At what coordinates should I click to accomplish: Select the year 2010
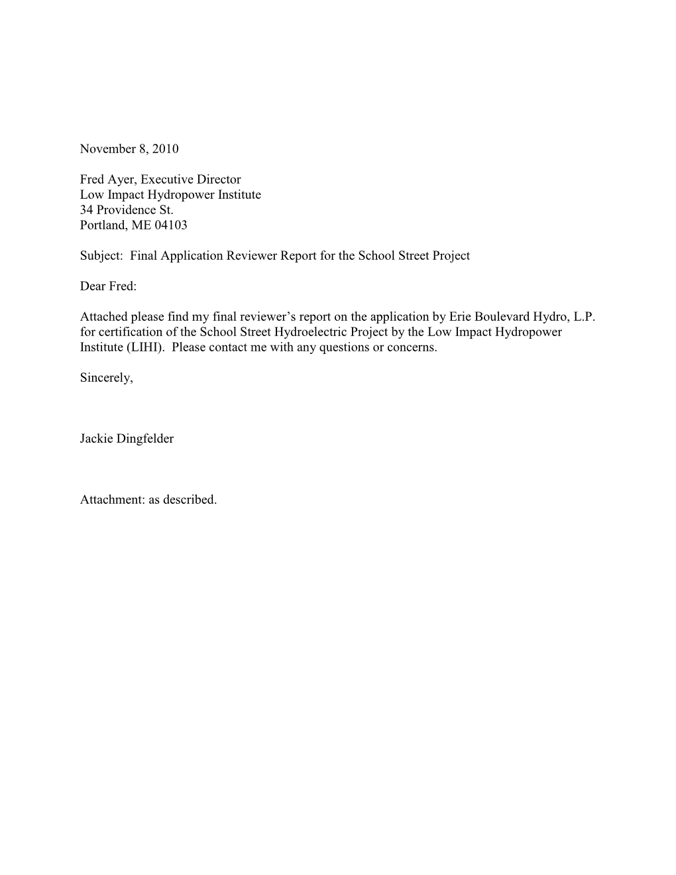coord(165,149)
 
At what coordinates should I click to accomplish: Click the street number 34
coord(87,210)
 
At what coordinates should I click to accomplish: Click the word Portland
coord(103,225)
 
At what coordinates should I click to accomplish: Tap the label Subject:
coord(101,256)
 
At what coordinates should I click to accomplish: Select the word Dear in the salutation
coord(92,286)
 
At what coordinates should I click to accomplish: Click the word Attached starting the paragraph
coord(103,317)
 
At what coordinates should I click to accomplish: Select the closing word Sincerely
coord(106,379)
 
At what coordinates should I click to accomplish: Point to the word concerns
coord(412,347)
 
